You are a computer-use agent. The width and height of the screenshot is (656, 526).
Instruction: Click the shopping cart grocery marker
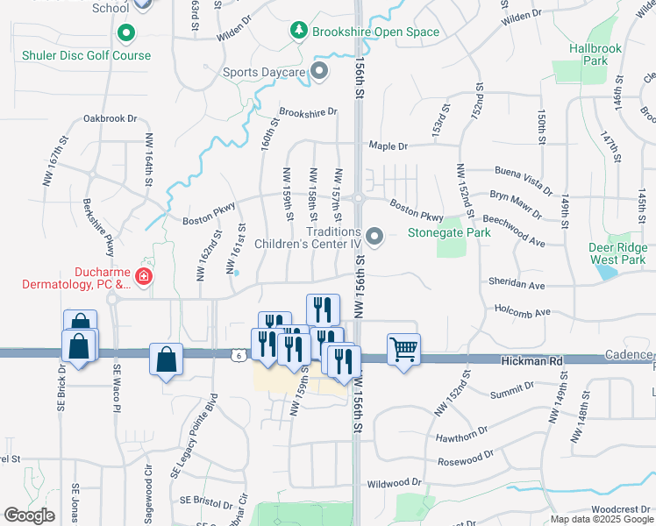[403, 349]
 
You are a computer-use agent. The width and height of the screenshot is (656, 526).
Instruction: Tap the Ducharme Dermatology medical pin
[144, 278]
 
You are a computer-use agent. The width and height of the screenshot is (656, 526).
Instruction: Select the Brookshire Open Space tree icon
[299, 32]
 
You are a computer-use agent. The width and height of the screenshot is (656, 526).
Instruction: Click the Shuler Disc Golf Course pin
[126, 35]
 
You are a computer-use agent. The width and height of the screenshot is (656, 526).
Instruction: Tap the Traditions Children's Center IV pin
[375, 237]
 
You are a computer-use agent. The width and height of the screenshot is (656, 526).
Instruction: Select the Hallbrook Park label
[588, 54]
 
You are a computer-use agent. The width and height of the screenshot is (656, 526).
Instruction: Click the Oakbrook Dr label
[111, 117]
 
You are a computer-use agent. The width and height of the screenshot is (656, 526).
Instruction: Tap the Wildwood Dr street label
[394, 483]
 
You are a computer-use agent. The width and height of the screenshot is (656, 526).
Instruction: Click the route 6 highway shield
[238, 355]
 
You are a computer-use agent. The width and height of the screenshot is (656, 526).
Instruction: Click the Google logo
[29, 515]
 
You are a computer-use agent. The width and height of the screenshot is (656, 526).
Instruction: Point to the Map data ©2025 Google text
[602, 519]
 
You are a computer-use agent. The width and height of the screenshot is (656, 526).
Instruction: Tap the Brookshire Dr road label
[308, 112]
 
